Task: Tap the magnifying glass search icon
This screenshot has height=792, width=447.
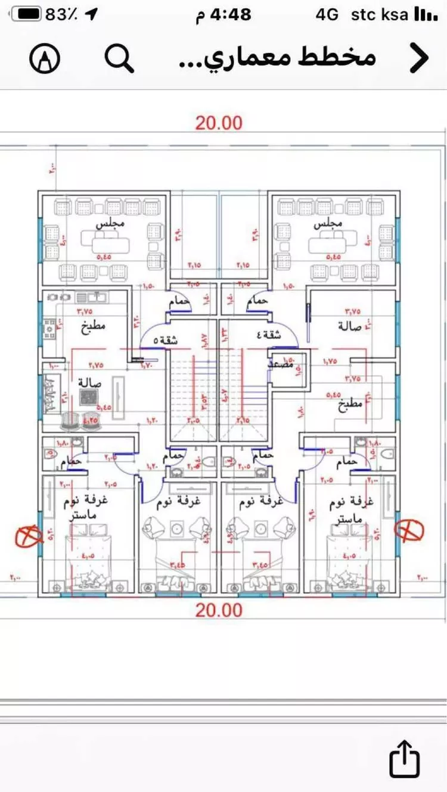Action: point(119,58)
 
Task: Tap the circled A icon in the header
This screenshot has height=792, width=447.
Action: point(45,58)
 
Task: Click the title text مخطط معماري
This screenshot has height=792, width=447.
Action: point(277,58)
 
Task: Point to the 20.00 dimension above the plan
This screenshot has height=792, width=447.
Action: point(219,123)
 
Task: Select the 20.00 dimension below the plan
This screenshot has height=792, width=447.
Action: point(219,610)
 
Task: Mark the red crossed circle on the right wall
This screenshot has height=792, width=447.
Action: point(410,529)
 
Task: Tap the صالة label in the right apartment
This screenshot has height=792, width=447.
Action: point(349,326)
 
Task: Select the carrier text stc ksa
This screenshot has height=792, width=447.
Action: point(380,14)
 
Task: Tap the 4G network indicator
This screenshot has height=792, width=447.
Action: point(327,14)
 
